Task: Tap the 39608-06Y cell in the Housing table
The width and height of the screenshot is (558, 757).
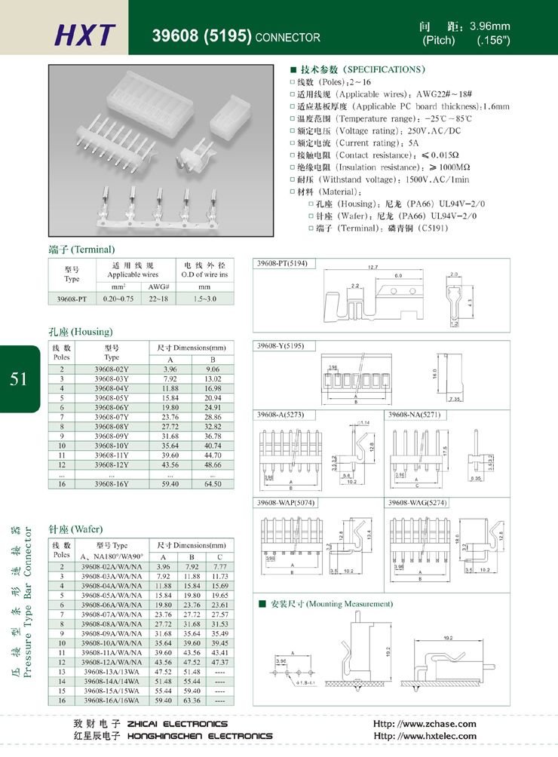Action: [112, 406]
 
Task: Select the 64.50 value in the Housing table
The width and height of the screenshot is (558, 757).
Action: [213, 483]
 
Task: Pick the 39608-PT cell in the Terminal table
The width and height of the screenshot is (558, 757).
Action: [72, 299]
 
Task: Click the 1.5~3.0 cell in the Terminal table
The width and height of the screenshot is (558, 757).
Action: [204, 299]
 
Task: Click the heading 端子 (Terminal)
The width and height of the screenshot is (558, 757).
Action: [81, 250]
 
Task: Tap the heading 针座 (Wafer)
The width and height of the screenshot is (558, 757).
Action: [75, 529]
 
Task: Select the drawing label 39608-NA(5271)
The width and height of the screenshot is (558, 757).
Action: [414, 415]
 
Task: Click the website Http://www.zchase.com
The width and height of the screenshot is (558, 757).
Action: [425, 724]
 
